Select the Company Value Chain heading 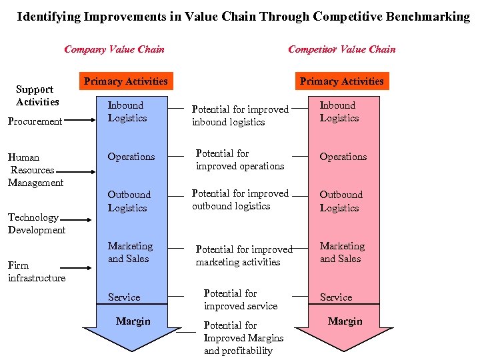click(x=114, y=49)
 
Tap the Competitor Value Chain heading click(x=341, y=49)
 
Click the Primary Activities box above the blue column click(x=125, y=81)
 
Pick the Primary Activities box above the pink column click(x=341, y=81)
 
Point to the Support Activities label click(x=36, y=95)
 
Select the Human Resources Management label click(x=35, y=170)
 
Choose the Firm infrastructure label click(x=36, y=271)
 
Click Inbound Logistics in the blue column click(x=127, y=111)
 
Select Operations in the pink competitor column click(x=343, y=157)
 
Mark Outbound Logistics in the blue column click(x=129, y=201)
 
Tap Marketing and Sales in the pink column click(x=342, y=252)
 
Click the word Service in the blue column click(x=124, y=297)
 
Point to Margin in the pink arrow click(x=345, y=321)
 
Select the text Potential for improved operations click(x=240, y=159)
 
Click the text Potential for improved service click(x=240, y=299)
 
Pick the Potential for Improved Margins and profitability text click(x=243, y=338)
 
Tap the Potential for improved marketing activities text click(x=243, y=255)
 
